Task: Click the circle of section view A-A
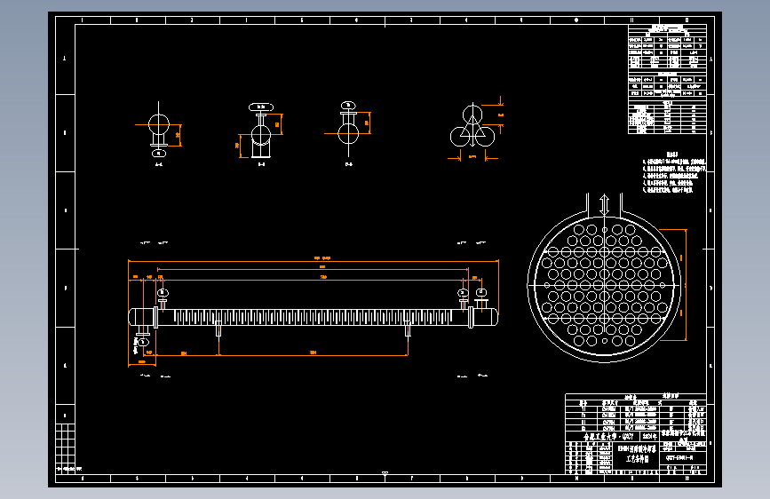159,123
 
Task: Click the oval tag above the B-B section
260,107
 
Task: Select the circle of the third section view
348,132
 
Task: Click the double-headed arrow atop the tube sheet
604,205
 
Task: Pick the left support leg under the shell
218,332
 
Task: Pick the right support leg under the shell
408,332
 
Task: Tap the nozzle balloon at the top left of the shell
163,293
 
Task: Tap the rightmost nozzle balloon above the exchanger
480,293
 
